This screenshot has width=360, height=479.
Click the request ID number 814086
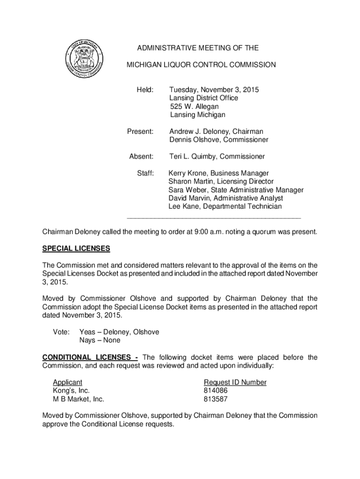coord(216,391)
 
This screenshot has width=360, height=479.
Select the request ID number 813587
coord(216,399)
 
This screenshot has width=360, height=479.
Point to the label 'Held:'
coord(144,90)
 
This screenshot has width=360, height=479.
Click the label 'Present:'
coord(140,131)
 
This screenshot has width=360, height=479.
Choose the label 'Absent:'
coord(141,156)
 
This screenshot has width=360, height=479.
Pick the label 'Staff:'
coord(145,173)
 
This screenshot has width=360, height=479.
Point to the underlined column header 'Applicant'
coord(67,382)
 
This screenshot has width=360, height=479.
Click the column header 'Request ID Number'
coord(235,382)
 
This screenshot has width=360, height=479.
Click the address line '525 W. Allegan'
coord(194,107)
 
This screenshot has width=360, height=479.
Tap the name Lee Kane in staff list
coord(185,206)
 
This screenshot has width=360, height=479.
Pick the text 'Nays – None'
coord(100,340)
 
